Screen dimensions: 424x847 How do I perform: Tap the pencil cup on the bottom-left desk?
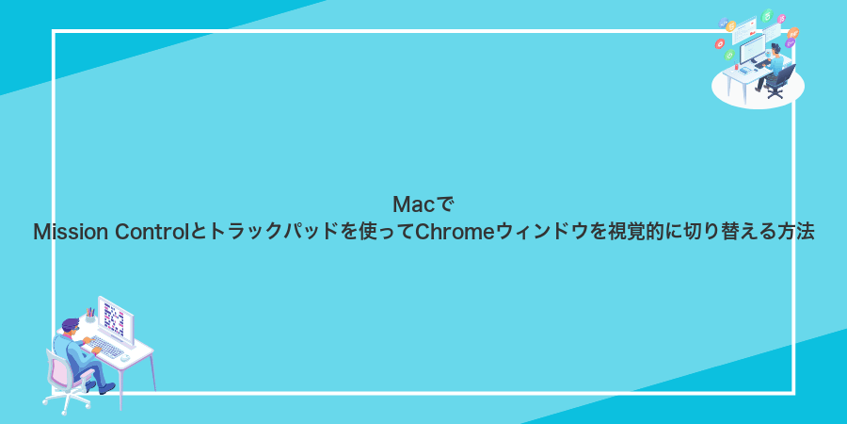point(90,318)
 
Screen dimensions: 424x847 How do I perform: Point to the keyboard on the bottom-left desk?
point(107,348)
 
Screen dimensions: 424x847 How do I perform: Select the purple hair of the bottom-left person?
point(71,325)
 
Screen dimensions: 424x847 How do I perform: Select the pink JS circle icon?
point(781,20)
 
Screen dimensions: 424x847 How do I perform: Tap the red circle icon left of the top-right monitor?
point(719,42)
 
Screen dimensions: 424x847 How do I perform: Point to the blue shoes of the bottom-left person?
point(104,387)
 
